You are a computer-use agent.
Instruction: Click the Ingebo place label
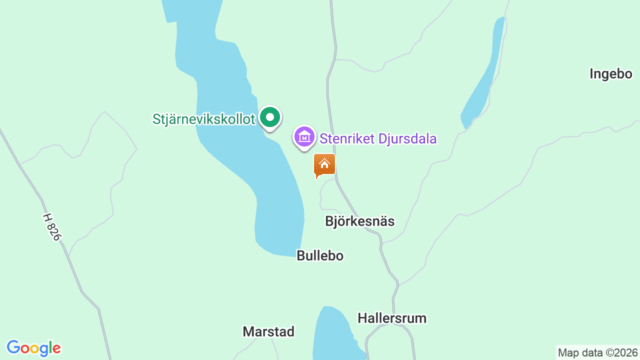[x=610, y=74]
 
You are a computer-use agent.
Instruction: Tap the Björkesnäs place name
[x=359, y=221]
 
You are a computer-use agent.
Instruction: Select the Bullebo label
[x=320, y=255]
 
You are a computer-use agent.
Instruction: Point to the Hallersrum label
[x=392, y=318]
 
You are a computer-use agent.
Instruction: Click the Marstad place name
[x=268, y=331]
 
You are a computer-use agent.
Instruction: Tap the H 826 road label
[x=51, y=227]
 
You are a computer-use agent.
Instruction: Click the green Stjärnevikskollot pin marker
[x=270, y=118]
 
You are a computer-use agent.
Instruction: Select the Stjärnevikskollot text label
[x=204, y=119]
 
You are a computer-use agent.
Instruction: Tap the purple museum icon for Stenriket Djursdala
[x=304, y=136]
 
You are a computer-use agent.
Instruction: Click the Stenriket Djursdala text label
[x=378, y=138]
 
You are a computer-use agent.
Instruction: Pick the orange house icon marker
[x=324, y=164]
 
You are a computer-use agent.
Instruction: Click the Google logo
[x=33, y=348]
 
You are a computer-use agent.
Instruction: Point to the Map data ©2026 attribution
[x=598, y=352]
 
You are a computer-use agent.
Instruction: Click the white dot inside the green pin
[x=270, y=117]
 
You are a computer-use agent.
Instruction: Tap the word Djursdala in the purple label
[x=407, y=138]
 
